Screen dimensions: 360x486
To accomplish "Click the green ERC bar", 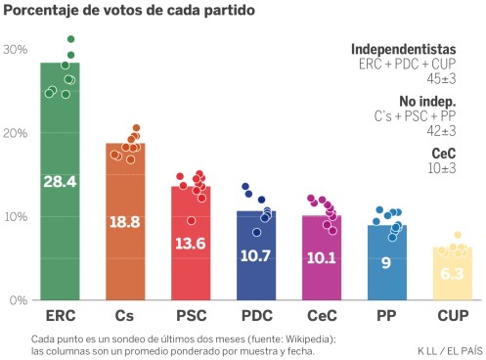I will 60,225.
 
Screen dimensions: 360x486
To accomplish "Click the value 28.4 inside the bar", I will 60,181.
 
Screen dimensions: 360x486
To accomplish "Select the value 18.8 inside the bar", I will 125,222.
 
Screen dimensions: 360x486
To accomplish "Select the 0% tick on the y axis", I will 17,299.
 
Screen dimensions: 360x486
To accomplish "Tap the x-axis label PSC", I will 191,317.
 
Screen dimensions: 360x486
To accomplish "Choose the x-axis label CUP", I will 452,317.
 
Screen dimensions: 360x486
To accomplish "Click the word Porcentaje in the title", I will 41,11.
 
